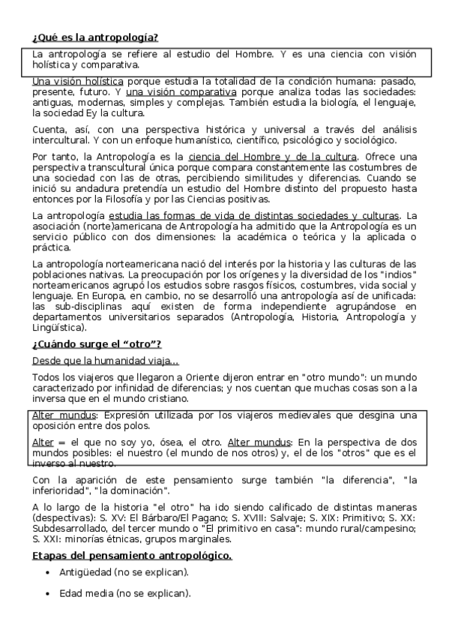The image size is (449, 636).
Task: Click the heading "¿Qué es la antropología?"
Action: pyautogui.click(x=94, y=37)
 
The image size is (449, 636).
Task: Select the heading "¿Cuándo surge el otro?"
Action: pyautogui.click(x=97, y=344)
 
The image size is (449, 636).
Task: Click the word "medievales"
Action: pyautogui.click(x=271, y=415)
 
